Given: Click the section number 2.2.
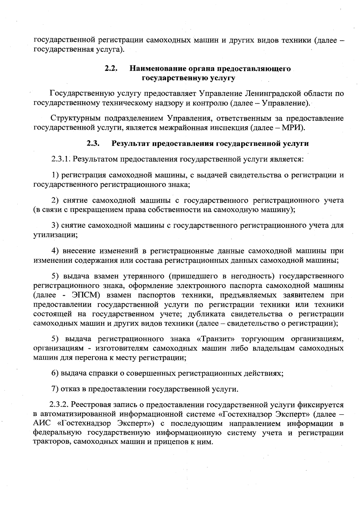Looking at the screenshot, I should coord(110,69).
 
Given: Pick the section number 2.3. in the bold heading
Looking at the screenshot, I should coord(93,143).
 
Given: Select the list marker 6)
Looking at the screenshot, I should coord(55,374).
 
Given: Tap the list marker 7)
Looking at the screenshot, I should coord(55,389).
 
